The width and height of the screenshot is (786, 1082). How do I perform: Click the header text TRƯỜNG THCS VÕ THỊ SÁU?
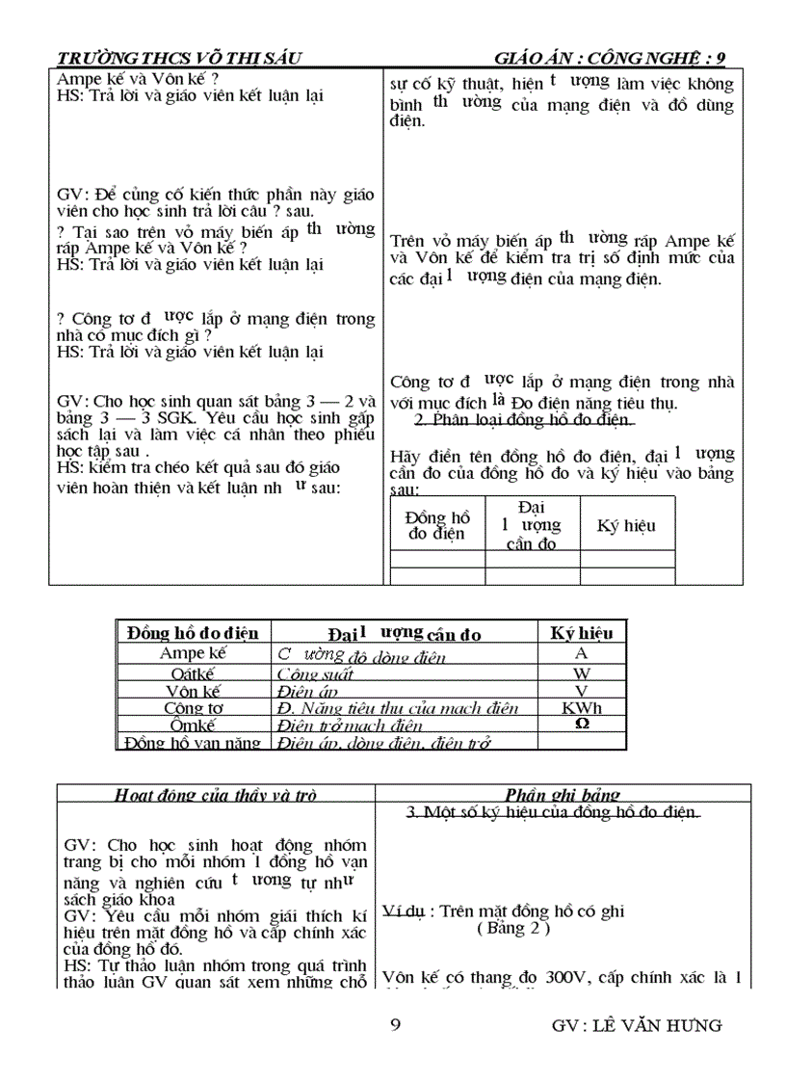(x=180, y=58)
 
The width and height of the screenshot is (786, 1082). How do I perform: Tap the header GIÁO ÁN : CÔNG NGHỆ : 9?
(x=610, y=58)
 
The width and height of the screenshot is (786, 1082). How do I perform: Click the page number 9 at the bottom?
(x=395, y=1024)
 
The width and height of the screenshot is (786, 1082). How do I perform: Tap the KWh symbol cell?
(x=581, y=708)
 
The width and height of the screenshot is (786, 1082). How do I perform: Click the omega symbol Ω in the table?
(x=581, y=724)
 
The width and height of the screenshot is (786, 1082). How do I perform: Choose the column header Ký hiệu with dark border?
(x=581, y=633)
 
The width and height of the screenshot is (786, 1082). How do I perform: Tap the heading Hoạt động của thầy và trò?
(x=215, y=795)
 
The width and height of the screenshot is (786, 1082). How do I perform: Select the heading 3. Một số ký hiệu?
(x=553, y=813)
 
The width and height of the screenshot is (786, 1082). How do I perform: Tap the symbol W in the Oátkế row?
(x=581, y=673)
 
